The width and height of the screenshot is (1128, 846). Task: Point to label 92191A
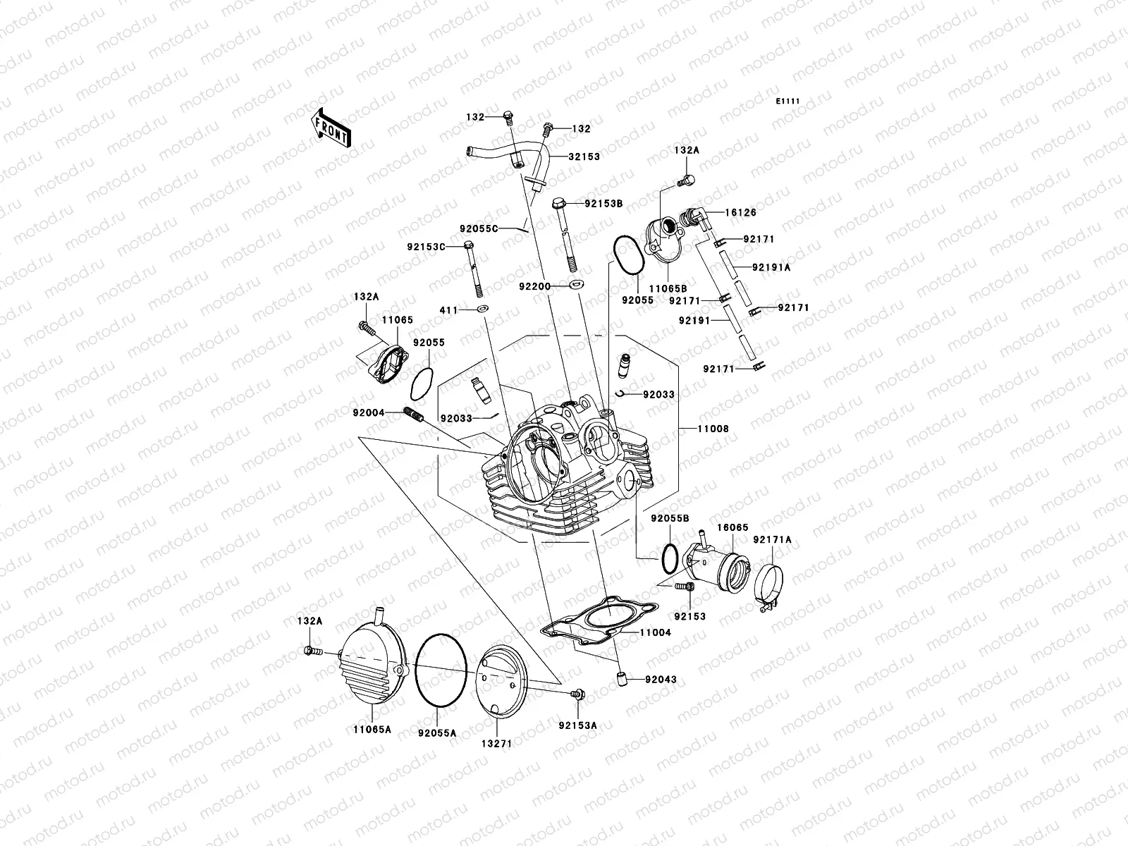[x=771, y=267]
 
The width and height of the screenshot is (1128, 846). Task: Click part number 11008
[x=713, y=429]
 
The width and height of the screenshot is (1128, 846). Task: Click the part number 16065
[x=733, y=527]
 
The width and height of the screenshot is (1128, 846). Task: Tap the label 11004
[x=655, y=633]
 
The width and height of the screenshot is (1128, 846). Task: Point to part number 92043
[x=660, y=680]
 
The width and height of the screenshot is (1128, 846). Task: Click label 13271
[x=496, y=743]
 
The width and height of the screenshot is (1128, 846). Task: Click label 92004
[x=369, y=412]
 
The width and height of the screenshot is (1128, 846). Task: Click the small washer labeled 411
[x=483, y=309]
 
